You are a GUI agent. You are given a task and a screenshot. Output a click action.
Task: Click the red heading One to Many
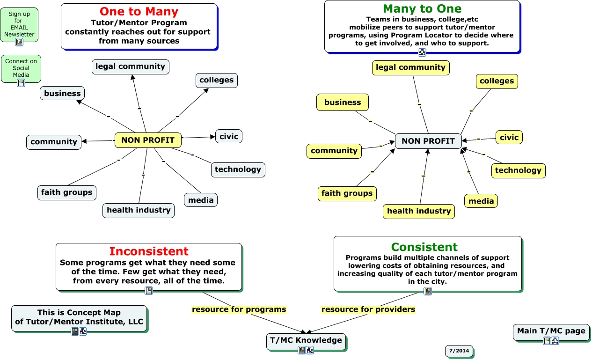[139, 12]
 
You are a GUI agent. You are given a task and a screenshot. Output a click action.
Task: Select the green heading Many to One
[422, 9]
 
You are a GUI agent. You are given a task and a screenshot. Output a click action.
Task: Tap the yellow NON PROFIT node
[147, 140]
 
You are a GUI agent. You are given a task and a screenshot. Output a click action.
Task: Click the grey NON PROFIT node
[428, 141]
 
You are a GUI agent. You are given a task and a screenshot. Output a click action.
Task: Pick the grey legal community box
[130, 66]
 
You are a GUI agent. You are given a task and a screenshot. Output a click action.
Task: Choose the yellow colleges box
[497, 81]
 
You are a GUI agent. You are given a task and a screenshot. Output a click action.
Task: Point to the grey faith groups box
[66, 192]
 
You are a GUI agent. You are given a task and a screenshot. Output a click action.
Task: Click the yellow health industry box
[418, 211]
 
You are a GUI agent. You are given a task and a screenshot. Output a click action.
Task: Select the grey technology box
[238, 169]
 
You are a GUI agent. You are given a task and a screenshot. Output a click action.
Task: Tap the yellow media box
[481, 201]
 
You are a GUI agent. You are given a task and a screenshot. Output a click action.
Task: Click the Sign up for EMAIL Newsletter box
[19, 24]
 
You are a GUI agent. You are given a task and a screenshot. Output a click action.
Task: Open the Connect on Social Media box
[21, 68]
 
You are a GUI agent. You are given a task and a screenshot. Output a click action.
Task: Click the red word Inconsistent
[149, 251]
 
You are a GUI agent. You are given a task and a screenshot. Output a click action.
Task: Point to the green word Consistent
[424, 247]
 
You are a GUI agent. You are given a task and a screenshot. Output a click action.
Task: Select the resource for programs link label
[239, 309]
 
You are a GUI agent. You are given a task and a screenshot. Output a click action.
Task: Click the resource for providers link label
[368, 309]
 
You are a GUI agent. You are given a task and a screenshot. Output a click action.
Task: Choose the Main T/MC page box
[551, 331]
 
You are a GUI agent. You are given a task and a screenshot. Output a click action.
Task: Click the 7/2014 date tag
[459, 351]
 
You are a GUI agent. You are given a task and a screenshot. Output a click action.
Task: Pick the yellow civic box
[509, 138]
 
